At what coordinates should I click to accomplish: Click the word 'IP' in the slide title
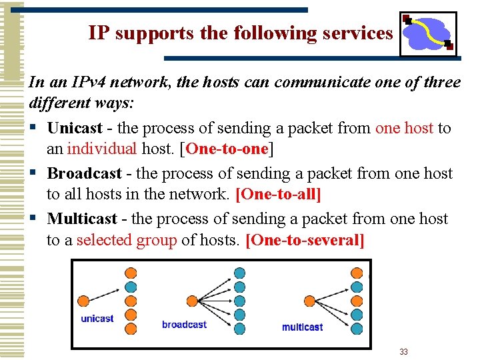tap(99, 33)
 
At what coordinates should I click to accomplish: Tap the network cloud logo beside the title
tap(427, 33)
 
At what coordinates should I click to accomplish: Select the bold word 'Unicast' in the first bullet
tap(75, 128)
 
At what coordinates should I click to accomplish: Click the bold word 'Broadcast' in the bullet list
tap(84, 173)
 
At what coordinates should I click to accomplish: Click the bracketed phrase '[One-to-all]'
tap(279, 194)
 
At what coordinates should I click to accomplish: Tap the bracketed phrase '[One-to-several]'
tap(305, 239)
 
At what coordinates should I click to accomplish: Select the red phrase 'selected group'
tap(127, 239)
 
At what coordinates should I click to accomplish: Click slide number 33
tap(403, 351)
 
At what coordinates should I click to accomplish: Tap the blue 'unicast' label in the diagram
tap(97, 319)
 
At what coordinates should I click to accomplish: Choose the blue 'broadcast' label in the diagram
tap(184, 325)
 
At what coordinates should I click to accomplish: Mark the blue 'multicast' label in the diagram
tap(302, 327)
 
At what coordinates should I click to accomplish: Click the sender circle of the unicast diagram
tap(83, 301)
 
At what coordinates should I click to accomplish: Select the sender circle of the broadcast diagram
tap(193, 301)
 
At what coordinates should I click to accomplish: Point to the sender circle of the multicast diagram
tap(310, 301)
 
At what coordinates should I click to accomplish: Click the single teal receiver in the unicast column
tap(131, 287)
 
